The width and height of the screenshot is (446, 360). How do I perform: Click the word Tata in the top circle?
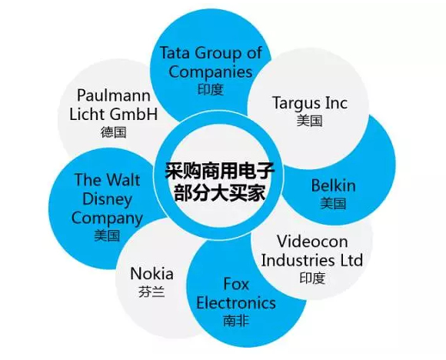[175, 52]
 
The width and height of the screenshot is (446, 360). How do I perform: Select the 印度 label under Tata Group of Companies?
[211, 90]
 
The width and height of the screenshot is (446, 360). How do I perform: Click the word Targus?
[296, 103]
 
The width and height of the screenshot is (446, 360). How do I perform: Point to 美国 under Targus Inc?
[309, 121]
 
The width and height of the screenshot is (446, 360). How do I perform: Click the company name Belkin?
[334, 185]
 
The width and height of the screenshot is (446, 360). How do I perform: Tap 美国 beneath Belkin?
[334, 204]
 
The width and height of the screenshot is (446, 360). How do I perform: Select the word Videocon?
[312, 242]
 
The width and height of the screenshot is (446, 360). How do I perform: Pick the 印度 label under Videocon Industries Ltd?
[312, 278]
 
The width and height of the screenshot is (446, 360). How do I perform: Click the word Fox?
[236, 284]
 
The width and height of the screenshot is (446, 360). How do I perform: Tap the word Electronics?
[236, 302]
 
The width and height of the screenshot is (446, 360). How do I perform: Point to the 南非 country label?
[236, 321]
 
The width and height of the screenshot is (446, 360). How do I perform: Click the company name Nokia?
[152, 274]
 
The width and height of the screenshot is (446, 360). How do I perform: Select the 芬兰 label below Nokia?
[152, 292]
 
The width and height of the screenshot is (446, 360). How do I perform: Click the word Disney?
[107, 199]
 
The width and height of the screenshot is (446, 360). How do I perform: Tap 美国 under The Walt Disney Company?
[107, 236]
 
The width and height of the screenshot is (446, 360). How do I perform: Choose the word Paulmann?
[114, 95]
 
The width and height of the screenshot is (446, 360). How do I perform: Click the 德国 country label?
[114, 132]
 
